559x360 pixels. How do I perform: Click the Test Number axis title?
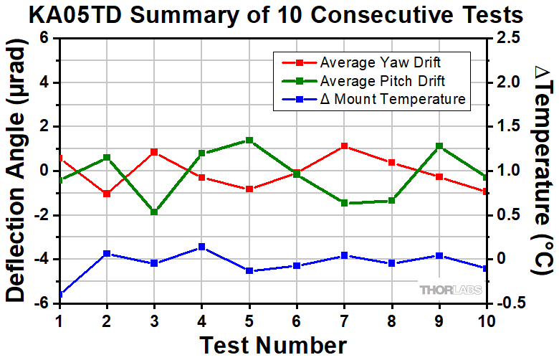click(x=272, y=344)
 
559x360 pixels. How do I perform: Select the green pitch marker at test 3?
click(x=154, y=212)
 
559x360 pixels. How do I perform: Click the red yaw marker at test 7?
click(x=345, y=146)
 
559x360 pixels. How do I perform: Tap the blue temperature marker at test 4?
click(x=201, y=247)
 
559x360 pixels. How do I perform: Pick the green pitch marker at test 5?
click(x=249, y=141)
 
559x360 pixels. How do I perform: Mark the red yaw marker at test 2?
click(x=107, y=194)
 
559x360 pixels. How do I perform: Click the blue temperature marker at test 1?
click(x=59, y=294)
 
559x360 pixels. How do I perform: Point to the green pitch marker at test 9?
click(x=439, y=146)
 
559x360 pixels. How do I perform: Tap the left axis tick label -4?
click(x=42, y=259)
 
